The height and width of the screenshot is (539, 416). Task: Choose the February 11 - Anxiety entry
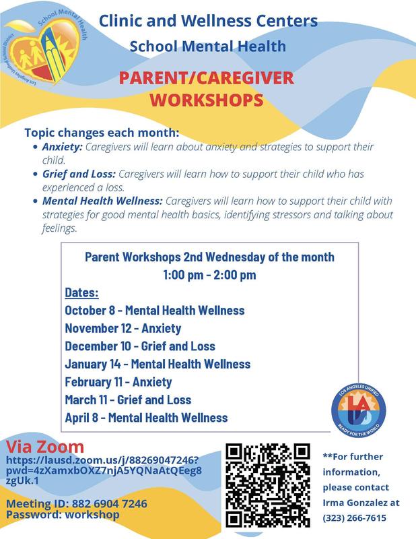point(129,382)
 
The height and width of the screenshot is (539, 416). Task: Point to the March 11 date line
point(128,400)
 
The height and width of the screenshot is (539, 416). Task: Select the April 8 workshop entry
point(146,417)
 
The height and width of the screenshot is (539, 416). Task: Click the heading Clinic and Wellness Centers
point(208,21)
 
